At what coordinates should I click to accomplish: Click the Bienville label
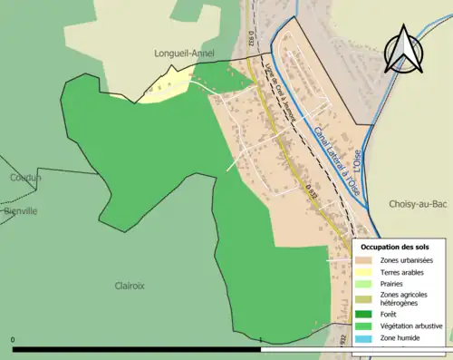point(20,210)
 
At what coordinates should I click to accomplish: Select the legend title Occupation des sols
point(395,247)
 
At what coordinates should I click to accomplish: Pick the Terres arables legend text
point(402,272)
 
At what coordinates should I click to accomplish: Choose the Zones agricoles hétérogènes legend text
point(403,298)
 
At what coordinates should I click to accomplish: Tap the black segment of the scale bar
point(136,348)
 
